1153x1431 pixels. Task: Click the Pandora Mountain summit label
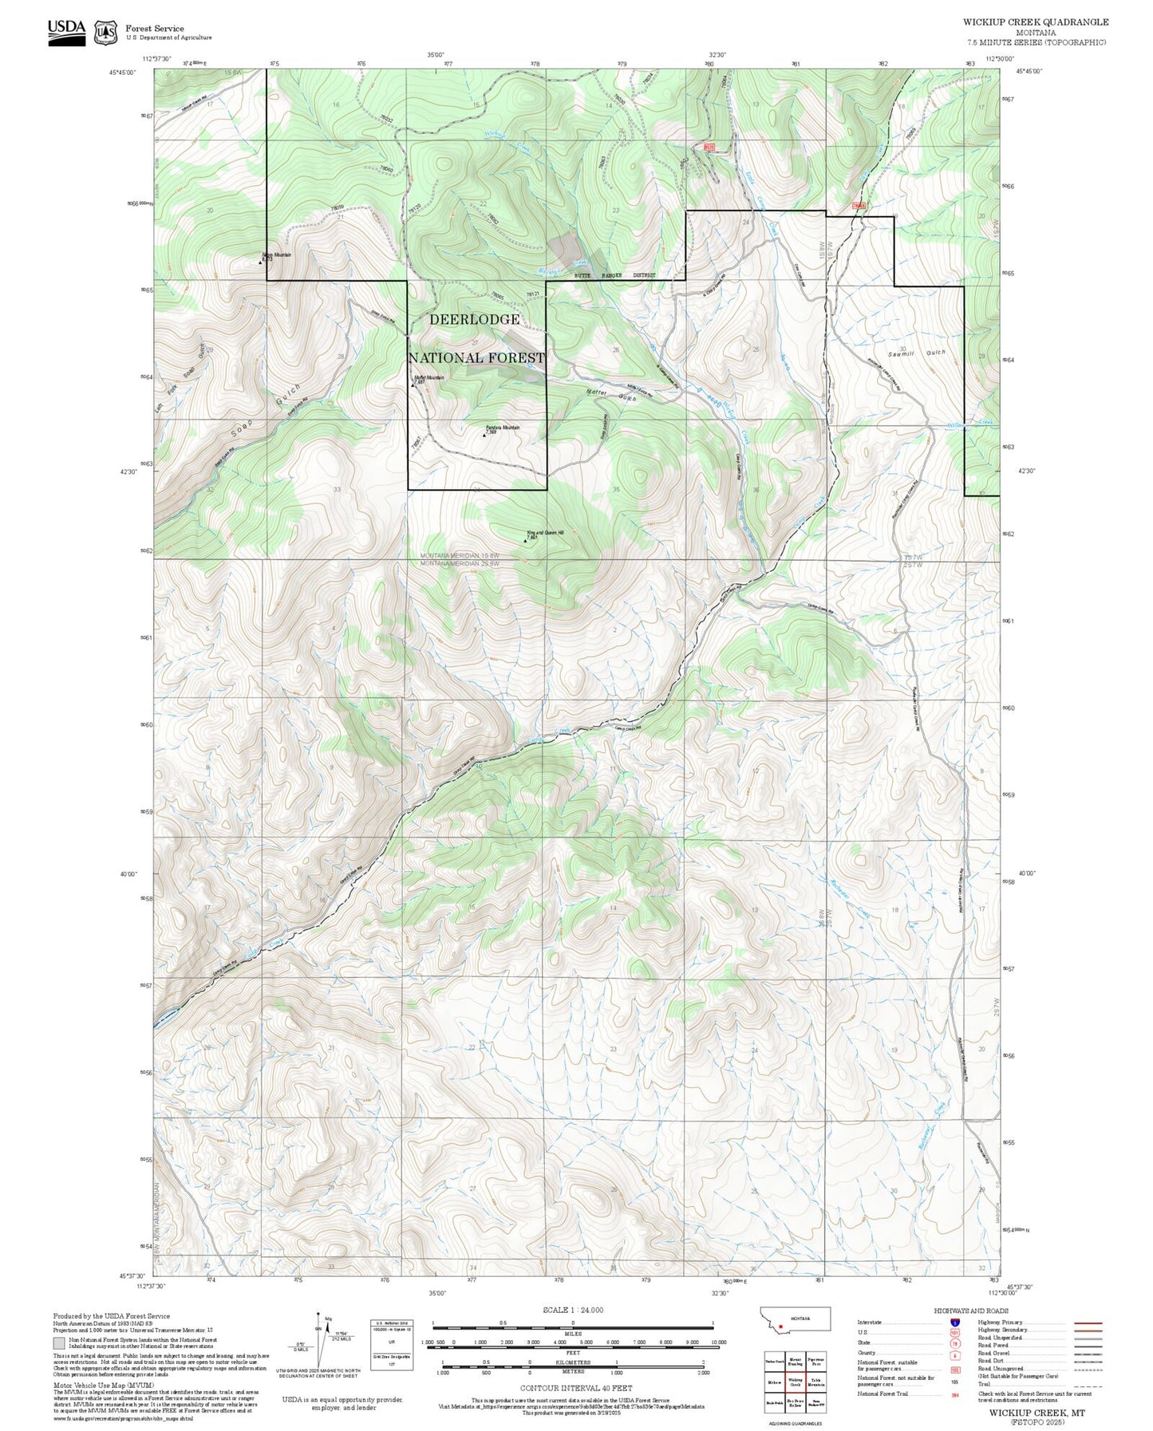(x=503, y=428)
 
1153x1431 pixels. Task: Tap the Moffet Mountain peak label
(x=429, y=378)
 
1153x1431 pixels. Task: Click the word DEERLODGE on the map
(x=475, y=319)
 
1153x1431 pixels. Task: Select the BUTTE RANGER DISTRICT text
(x=615, y=275)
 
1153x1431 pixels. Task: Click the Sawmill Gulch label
(x=916, y=353)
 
